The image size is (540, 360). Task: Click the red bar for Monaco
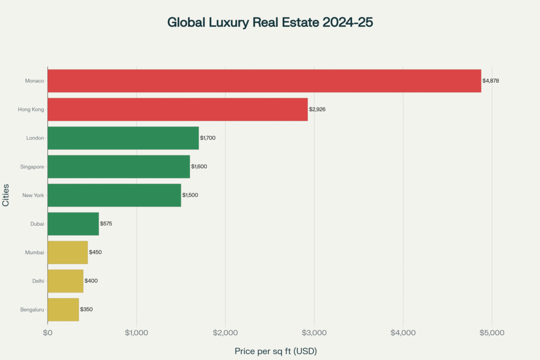(x=264, y=81)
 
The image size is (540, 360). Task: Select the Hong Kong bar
(x=178, y=109)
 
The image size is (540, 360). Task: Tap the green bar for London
(x=123, y=138)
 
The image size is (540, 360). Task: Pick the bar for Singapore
(x=119, y=167)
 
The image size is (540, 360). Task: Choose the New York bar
(x=114, y=195)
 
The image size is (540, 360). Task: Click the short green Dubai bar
(x=73, y=223)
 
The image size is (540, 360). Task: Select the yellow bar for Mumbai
(x=67, y=252)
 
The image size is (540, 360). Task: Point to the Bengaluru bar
(x=63, y=309)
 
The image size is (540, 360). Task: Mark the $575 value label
(x=106, y=223)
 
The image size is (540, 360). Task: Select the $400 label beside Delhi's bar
(x=91, y=281)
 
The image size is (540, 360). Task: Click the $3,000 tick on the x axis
(x=314, y=333)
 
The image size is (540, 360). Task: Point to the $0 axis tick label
(x=47, y=333)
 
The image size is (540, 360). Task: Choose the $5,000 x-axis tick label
(x=492, y=333)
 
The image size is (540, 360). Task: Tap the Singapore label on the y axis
(x=32, y=167)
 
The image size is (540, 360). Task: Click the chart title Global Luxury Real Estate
(x=270, y=23)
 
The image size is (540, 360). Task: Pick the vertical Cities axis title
(x=6, y=195)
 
